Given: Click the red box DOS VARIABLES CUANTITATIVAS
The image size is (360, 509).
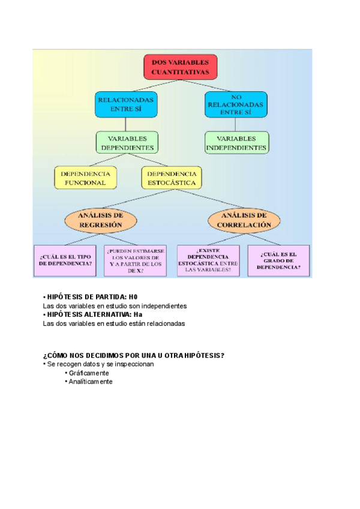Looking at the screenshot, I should point(180,67).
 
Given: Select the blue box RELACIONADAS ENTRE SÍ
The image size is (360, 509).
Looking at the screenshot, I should point(125,104).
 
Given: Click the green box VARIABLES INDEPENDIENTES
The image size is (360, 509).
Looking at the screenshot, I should point(236,142).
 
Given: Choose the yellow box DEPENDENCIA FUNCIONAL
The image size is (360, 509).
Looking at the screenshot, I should point(86,178).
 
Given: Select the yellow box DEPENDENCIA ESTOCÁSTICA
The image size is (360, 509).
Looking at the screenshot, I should point(172,178).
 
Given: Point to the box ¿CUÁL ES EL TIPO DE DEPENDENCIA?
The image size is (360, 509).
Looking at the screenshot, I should point(66,260).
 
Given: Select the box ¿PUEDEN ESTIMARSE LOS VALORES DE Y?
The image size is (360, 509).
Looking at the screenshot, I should point(135,260).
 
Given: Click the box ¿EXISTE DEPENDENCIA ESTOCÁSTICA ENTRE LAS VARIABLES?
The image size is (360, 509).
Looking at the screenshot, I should point(208,260).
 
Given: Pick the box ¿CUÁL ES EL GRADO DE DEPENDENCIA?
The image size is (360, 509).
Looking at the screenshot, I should point(278,260).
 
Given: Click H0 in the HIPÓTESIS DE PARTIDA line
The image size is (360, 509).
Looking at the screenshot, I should point(133,297).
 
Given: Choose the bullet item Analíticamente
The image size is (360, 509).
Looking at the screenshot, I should point(91,381).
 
